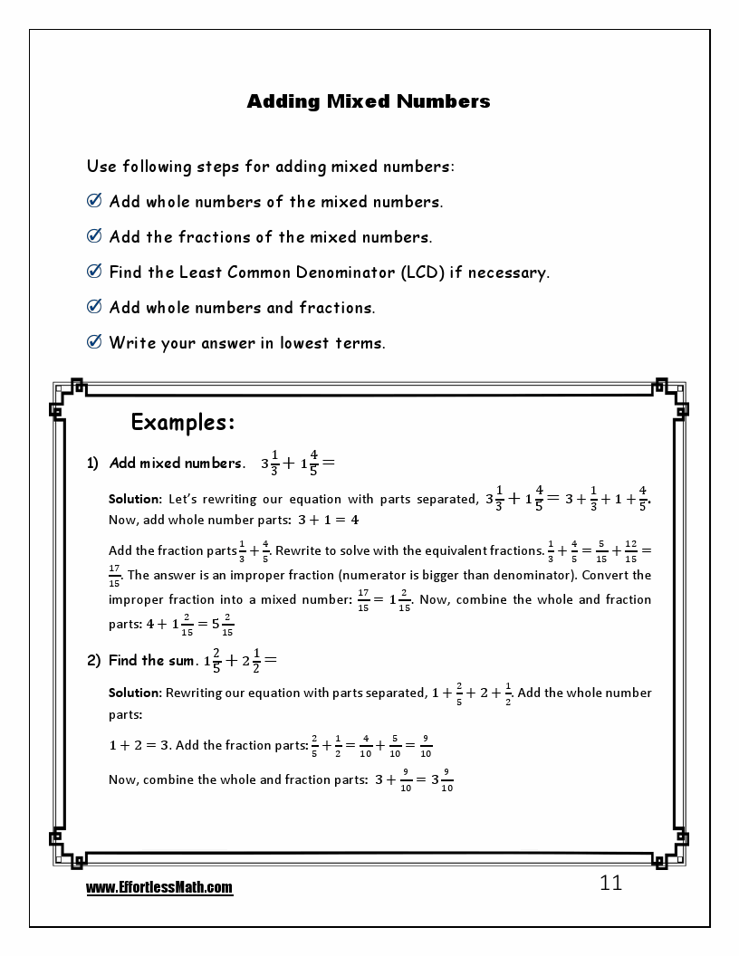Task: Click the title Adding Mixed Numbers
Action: tap(369, 101)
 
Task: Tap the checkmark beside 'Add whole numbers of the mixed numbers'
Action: tap(93, 201)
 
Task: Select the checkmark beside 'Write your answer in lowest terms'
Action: tap(93, 342)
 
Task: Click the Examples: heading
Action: tap(183, 422)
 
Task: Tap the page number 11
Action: tap(611, 884)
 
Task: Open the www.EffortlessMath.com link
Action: tap(159, 889)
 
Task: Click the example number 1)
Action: tap(92, 464)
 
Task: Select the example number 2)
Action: tap(93, 661)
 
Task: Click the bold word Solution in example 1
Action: tap(134, 499)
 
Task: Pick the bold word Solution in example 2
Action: tap(134, 693)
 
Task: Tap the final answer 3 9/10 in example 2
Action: tap(441, 779)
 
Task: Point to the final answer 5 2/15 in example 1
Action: tap(222, 625)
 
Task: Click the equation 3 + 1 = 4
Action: tap(328, 521)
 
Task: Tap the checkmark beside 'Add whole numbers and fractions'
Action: tap(93, 307)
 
